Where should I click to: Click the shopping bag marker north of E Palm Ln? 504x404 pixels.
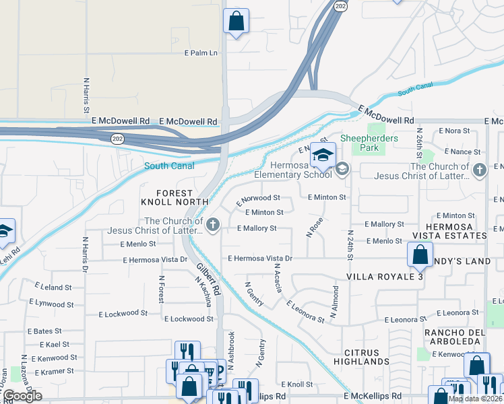tap(237, 22)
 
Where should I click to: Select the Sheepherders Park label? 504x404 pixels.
tap(378, 143)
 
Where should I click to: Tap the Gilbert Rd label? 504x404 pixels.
tap(209, 279)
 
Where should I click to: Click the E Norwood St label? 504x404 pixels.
tap(258, 199)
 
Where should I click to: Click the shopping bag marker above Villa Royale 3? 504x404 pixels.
tap(420, 255)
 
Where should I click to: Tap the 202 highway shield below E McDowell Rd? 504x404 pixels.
tap(117, 137)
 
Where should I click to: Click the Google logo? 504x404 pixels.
tap(22, 396)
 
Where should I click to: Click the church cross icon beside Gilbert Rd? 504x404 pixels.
tap(213, 225)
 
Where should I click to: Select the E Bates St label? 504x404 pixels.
tap(44, 331)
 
